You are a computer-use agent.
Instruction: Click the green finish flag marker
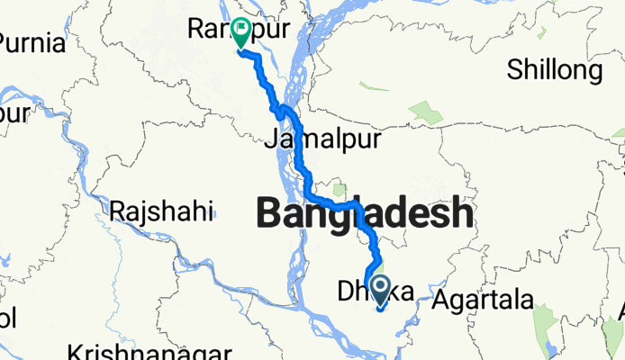(x=242, y=32)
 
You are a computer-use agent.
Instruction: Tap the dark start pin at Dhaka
(x=380, y=290)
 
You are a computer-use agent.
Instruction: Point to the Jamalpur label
(x=323, y=140)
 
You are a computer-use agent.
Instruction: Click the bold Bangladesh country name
(x=364, y=213)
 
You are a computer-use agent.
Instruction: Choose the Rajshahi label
(x=162, y=212)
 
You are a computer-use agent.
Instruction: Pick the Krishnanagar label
(x=129, y=350)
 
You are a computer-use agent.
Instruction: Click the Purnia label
(x=32, y=43)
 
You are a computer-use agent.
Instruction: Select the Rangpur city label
(x=239, y=30)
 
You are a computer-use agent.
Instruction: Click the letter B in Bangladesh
(x=269, y=213)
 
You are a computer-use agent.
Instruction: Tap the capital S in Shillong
(x=514, y=69)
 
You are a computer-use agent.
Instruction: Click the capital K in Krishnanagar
(x=77, y=350)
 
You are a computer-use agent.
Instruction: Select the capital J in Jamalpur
(x=270, y=140)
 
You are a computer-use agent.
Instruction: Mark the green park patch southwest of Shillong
(x=426, y=112)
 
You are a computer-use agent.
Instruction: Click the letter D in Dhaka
(x=345, y=291)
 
